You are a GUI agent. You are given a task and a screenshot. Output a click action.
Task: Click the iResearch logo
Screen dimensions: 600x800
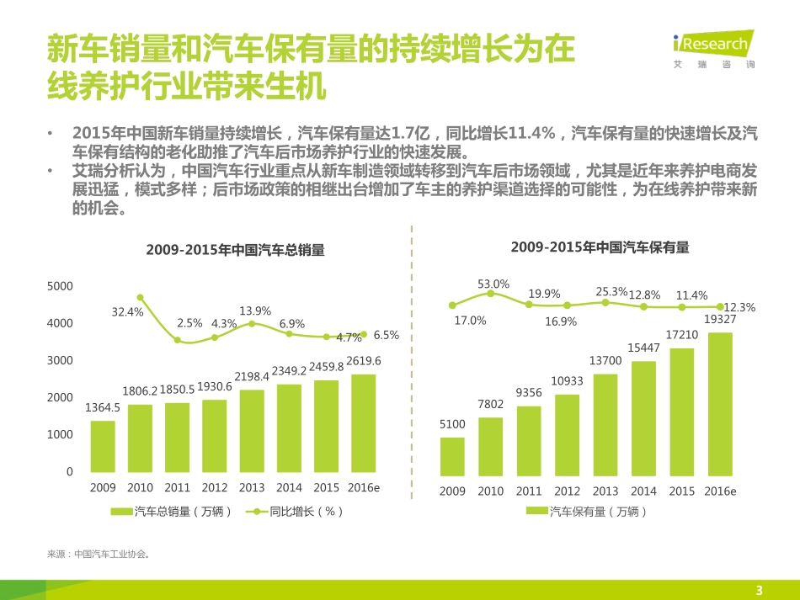713,49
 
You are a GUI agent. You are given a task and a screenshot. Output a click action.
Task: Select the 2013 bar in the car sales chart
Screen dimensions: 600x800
251,430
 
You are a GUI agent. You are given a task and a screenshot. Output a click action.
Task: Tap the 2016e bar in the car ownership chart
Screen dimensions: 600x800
719,402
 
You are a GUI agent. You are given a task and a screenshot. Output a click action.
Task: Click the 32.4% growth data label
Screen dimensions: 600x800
128,312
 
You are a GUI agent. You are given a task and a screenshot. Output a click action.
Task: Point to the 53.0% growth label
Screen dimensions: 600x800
493,284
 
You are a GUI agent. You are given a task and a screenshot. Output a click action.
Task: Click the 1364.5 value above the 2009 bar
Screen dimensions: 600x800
103,407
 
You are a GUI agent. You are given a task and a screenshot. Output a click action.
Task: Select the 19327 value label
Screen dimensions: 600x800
720,320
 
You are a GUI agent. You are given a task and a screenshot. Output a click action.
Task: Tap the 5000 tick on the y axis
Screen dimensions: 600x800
60,286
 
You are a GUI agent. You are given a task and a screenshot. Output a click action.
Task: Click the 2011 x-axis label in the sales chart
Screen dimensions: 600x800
177,487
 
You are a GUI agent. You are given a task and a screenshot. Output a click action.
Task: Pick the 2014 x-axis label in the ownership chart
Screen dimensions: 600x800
643,491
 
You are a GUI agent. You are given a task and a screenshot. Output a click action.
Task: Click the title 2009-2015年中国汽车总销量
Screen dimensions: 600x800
235,250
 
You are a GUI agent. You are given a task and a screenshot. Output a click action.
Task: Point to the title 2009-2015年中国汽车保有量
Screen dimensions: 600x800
600,247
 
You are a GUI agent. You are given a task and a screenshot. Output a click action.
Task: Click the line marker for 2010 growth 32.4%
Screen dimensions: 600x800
140,297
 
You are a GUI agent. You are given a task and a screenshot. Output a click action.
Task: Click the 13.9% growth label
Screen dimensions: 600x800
255,311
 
